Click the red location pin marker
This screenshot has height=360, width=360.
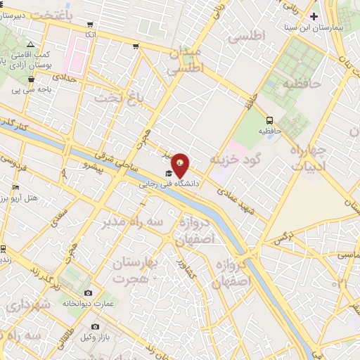pos(181,165)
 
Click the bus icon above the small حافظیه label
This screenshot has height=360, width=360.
pos(269,120)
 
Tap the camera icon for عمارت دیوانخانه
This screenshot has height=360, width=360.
pos(87,292)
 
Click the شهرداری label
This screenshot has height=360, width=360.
pos(27,304)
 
